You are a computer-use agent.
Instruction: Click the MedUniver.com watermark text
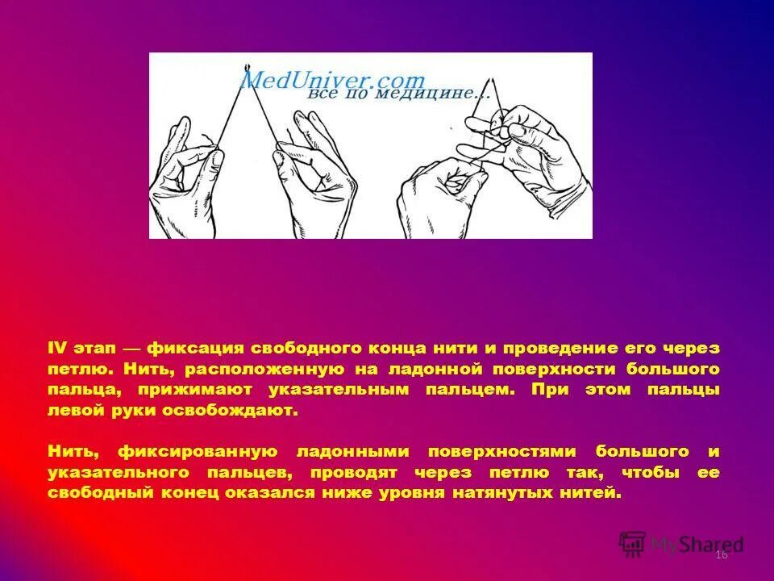coord(332,80)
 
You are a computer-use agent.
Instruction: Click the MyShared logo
coord(682,543)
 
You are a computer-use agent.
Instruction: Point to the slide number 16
coord(721,555)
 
